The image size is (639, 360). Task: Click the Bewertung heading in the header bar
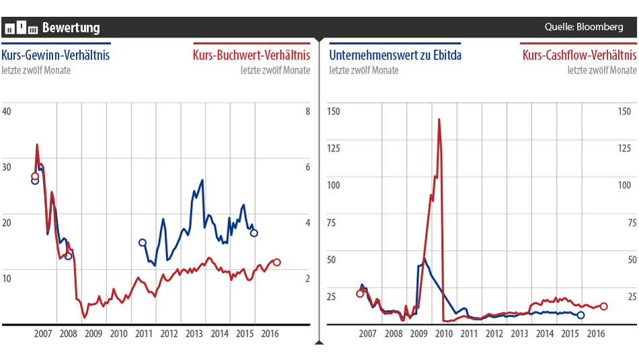(71, 28)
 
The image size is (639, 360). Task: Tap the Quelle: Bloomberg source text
(584, 27)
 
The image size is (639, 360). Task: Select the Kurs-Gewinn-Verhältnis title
(56, 55)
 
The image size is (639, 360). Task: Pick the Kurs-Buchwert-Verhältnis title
(252, 55)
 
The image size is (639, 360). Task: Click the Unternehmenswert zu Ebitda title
(396, 55)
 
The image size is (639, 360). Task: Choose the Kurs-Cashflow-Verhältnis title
(578, 55)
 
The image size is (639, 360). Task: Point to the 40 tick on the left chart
(7, 111)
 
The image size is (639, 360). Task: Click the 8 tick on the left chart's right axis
(307, 111)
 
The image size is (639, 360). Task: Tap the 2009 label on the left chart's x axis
(93, 333)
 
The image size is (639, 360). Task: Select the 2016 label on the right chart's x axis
(596, 333)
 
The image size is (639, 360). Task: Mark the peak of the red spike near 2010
(439, 120)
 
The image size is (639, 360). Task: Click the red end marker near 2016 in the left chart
(277, 262)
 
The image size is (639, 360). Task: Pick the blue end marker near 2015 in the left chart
(254, 233)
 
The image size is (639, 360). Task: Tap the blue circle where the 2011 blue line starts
(142, 243)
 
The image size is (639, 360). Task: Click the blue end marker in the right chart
(581, 315)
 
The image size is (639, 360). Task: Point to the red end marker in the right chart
(604, 306)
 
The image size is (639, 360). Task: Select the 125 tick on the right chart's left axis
(334, 148)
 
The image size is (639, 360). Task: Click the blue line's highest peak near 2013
(202, 180)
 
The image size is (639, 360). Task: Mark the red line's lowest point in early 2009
(85, 317)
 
